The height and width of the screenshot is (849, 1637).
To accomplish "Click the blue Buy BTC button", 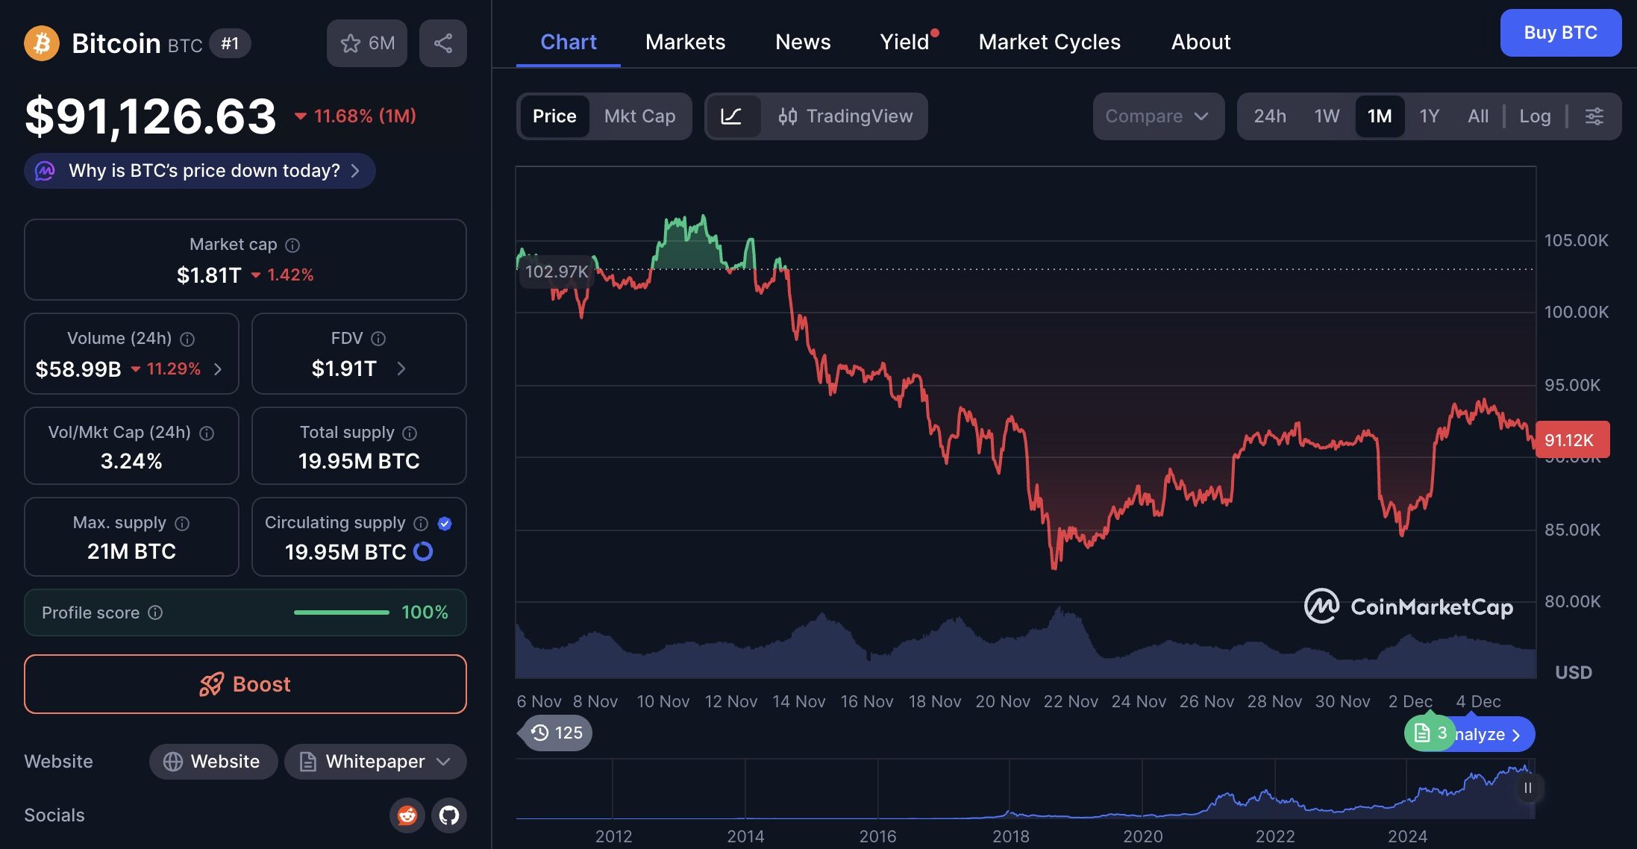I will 1560,33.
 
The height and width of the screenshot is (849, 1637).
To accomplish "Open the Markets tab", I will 685,42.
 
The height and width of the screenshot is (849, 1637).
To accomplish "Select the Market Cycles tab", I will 1049,42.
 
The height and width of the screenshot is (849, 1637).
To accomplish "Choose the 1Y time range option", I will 1429,116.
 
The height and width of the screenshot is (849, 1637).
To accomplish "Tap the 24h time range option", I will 1269,116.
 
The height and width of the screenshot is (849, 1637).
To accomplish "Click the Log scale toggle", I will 1535,116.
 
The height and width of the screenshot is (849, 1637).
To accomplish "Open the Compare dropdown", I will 1157,116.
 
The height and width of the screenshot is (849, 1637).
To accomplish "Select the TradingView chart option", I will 845,116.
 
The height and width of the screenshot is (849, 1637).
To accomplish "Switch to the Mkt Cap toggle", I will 639,116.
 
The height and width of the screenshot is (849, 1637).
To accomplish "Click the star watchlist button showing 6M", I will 367,43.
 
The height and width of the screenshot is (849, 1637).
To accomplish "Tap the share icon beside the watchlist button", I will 443,43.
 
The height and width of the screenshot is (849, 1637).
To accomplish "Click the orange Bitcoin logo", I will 42,43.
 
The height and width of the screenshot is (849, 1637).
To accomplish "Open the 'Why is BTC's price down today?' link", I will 200,171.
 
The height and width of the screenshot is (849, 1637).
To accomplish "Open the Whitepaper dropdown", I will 375,762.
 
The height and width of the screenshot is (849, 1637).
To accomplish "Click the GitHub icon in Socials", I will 449,815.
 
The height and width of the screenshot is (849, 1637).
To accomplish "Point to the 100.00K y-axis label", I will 1576,312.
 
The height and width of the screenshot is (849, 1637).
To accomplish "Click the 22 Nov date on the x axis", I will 1070,701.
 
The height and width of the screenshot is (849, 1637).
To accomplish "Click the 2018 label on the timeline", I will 1010,836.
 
